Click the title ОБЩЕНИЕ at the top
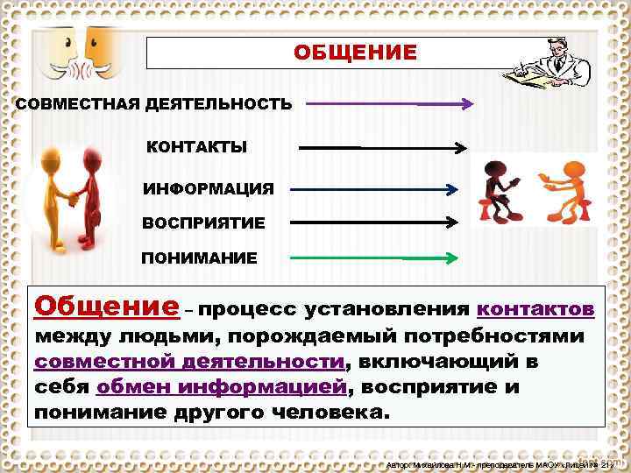(355, 53)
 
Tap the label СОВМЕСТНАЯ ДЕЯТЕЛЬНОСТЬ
(154, 104)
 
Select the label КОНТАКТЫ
(196, 146)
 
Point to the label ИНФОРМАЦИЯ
(209, 188)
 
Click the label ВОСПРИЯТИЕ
(203, 222)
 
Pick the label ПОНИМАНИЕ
(200, 258)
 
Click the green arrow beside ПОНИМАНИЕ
(373, 258)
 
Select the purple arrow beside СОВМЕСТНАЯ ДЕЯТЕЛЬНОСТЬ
(389, 103)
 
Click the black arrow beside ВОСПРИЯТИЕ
(374, 222)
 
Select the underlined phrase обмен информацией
(222, 386)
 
